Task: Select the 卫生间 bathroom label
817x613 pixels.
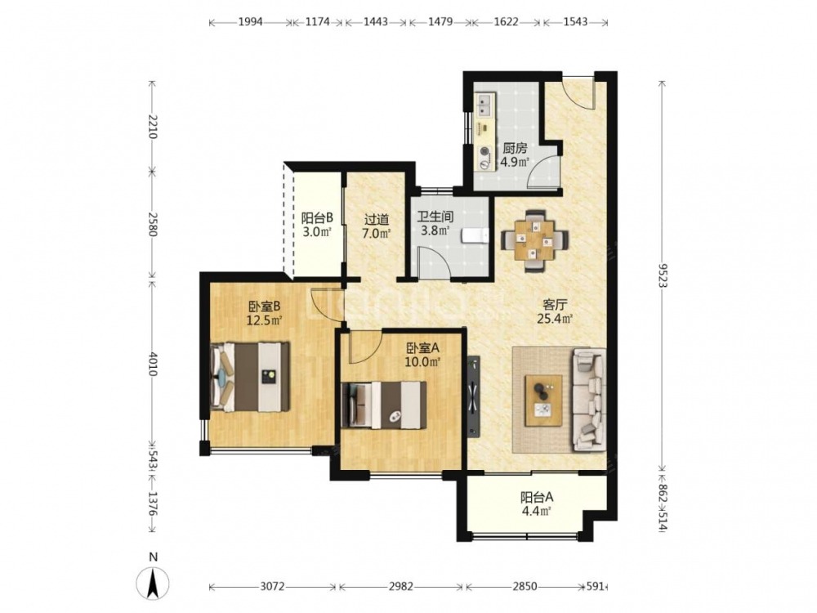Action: (x=435, y=217)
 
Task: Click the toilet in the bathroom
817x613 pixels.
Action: (x=475, y=235)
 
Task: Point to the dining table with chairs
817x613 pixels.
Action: (x=534, y=240)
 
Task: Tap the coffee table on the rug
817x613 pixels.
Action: (x=543, y=400)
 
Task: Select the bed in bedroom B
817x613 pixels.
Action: (x=250, y=376)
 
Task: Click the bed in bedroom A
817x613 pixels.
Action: (x=383, y=405)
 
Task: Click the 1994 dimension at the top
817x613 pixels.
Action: (x=251, y=22)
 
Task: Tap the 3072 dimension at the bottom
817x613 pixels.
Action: (x=272, y=587)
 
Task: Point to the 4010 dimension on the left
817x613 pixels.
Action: (x=152, y=364)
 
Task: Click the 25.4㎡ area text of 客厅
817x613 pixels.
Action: (x=555, y=318)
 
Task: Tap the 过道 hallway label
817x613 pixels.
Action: (x=377, y=220)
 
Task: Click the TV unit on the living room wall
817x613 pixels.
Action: (x=473, y=395)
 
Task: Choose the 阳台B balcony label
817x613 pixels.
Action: (x=317, y=217)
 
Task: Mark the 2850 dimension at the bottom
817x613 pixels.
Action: (x=525, y=587)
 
